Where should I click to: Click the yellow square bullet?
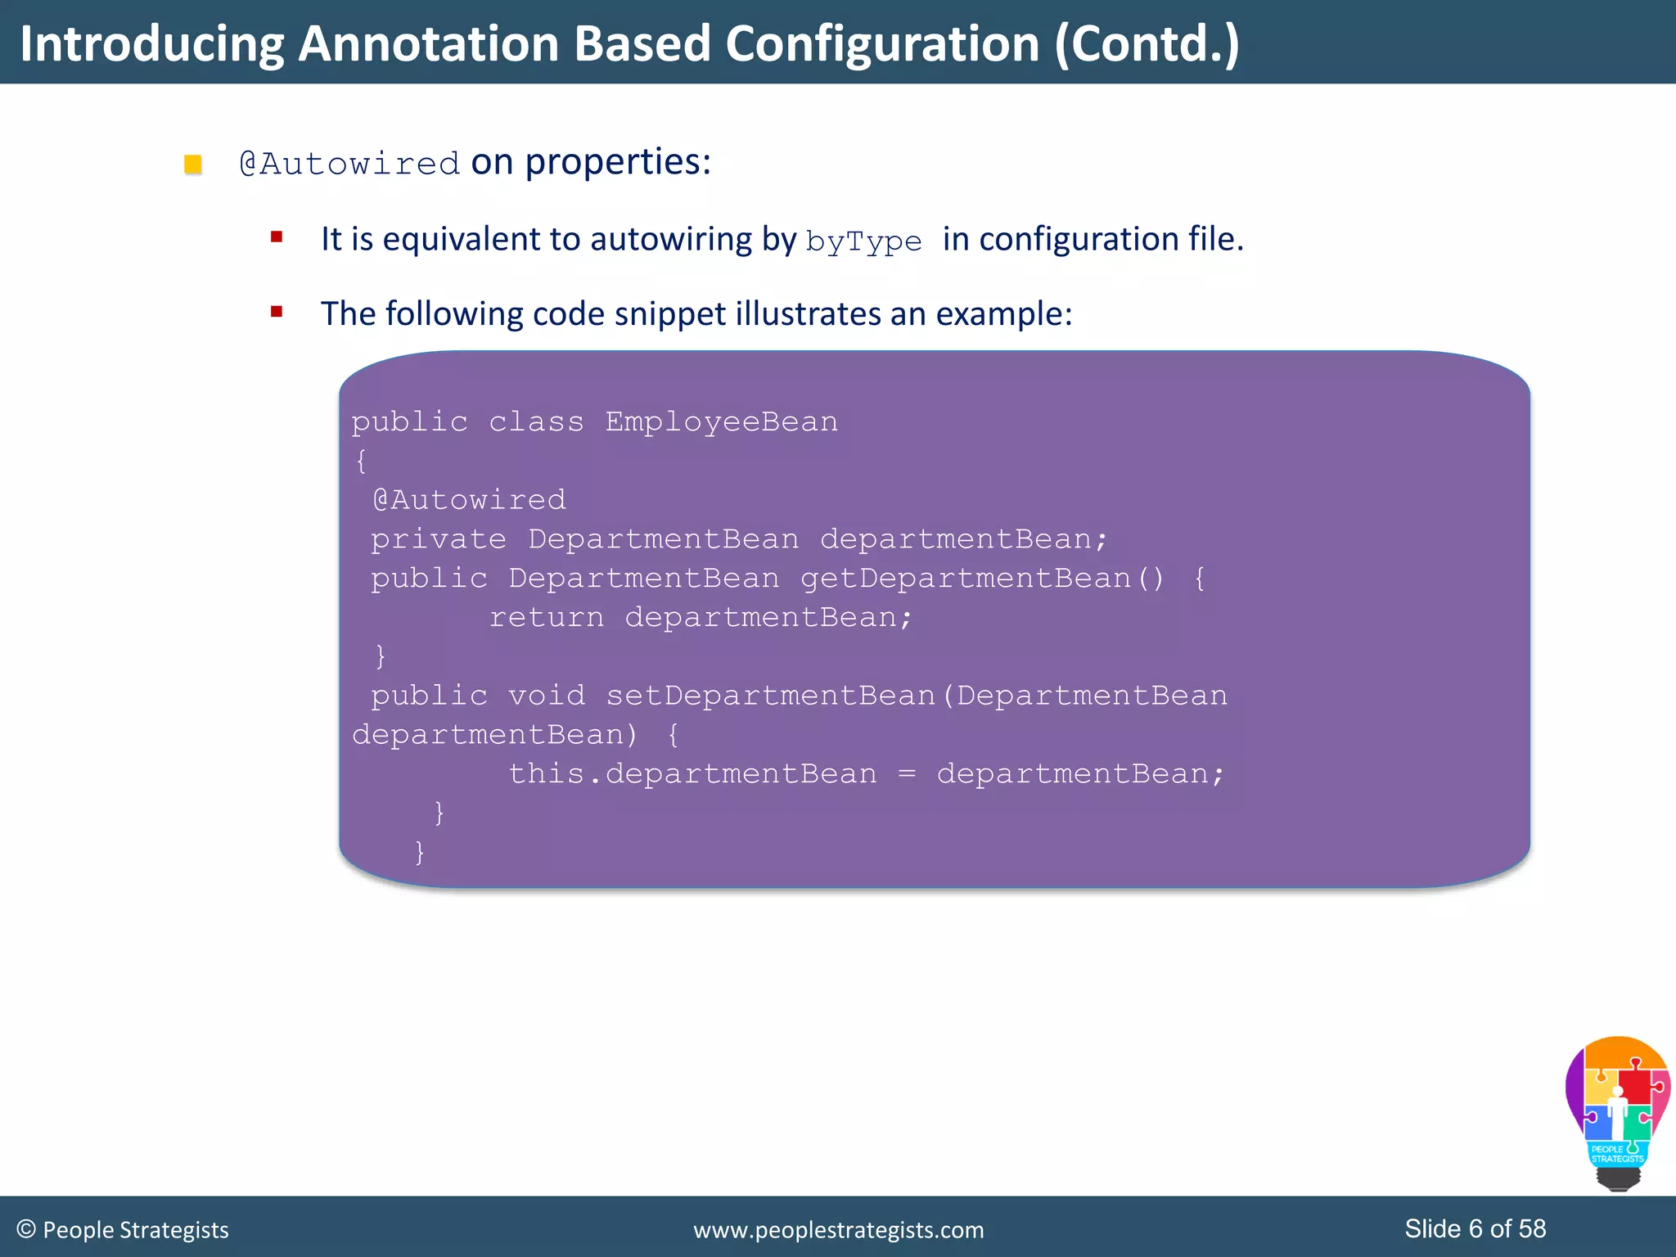[x=193, y=164]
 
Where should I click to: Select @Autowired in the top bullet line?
[x=349, y=164]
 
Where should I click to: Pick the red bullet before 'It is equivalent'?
[x=277, y=237]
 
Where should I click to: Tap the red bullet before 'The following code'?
[x=277, y=312]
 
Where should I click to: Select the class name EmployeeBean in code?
[x=721, y=421]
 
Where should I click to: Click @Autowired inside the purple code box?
[x=469, y=499]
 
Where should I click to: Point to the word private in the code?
[x=438, y=539]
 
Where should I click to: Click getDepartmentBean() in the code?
[x=981, y=579]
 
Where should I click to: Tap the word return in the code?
[x=546, y=617]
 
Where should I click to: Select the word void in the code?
[x=546, y=696]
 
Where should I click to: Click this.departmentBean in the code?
[x=692, y=773]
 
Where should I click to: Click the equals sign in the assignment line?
[x=906, y=774]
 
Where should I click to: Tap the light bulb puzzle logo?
[x=1617, y=1111]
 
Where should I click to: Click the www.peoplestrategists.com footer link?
[x=838, y=1230]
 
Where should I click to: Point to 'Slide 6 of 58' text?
[x=1475, y=1228]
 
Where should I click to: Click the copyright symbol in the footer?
[x=26, y=1229]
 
